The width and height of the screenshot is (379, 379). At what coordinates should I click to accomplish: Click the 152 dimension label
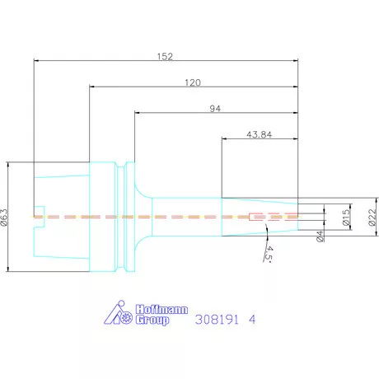click(x=165, y=57)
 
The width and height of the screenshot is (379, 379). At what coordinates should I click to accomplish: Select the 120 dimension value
click(x=193, y=82)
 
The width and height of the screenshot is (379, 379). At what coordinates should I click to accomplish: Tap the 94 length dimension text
click(x=215, y=109)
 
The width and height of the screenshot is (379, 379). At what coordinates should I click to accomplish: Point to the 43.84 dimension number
click(x=260, y=134)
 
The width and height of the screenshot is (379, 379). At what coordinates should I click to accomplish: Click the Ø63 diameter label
click(x=5, y=217)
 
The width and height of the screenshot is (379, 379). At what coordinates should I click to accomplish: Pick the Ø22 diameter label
click(x=372, y=218)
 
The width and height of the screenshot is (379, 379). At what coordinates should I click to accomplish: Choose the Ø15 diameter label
click(x=347, y=218)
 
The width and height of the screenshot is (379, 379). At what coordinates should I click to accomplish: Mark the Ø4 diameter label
click(x=320, y=236)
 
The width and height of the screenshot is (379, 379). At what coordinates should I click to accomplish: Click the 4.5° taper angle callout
click(x=269, y=254)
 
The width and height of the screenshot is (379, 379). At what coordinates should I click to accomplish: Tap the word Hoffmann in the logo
click(x=161, y=310)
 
